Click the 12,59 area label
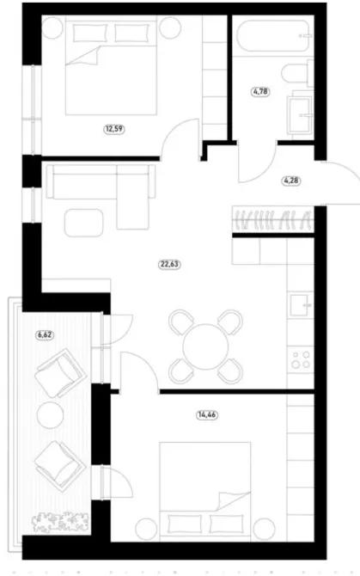pyautogui.click(x=113, y=131)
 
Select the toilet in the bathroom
pyautogui.click(x=296, y=74)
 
